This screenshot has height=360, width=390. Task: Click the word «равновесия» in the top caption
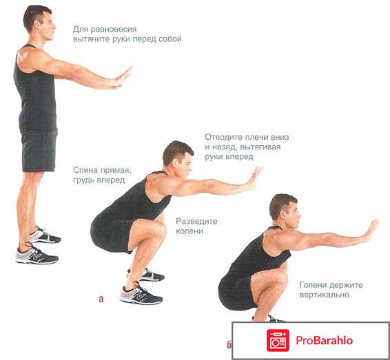coord(114,30)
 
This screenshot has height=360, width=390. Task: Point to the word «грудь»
coord(84,180)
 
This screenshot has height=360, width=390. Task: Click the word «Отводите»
coord(224,137)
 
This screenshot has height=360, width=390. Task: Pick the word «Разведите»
coord(196,222)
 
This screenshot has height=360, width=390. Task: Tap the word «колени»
coord(189,231)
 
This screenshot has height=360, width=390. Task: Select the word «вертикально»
coord(325,295)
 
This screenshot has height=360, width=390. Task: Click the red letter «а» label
coord(101,299)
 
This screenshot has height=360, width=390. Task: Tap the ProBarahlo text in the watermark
coord(324,340)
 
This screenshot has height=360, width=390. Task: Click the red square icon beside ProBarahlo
coord(278,340)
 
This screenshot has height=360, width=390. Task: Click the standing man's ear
coord(38,25)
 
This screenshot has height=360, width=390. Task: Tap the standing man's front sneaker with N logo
coord(37,255)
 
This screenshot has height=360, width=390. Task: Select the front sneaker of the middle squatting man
coord(141,294)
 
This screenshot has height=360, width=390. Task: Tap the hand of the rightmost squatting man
coord(371,230)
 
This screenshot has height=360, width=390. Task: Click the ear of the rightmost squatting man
coord(283,215)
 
